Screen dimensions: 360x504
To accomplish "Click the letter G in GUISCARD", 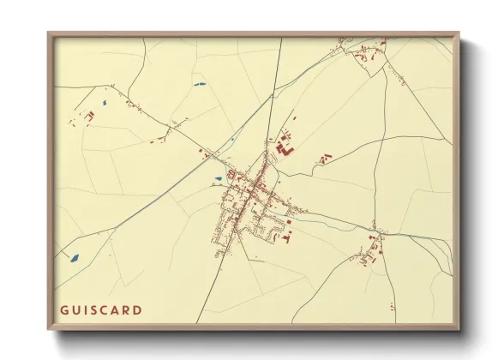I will (65, 309).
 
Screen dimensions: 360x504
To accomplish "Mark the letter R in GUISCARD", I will (131, 309).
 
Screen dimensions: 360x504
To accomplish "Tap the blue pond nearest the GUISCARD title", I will (74, 257).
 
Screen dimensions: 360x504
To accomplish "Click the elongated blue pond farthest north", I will (199, 84).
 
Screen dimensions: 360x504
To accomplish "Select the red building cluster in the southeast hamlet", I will (372, 248).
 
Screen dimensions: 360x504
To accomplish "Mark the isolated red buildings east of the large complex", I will (325, 159).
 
